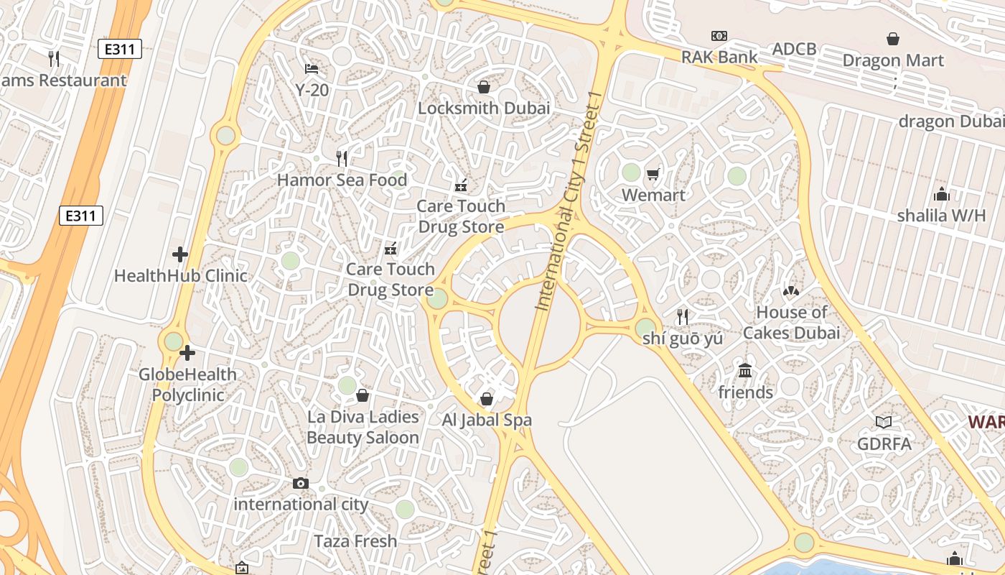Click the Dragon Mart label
893,60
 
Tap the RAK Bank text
719,57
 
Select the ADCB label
794,49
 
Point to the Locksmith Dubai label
484,109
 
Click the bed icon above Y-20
312,69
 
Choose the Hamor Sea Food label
342,180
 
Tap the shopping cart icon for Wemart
653,174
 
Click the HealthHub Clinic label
180,275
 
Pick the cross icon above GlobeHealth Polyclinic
187,353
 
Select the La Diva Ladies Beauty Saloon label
363,427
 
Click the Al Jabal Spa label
487,420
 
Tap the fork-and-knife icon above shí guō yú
683,316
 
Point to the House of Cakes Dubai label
791,323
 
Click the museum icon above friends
745,371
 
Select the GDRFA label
884,443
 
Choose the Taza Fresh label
355,541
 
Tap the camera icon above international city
301,484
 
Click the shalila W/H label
941,216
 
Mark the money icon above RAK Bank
719,36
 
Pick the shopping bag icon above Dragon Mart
893,39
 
